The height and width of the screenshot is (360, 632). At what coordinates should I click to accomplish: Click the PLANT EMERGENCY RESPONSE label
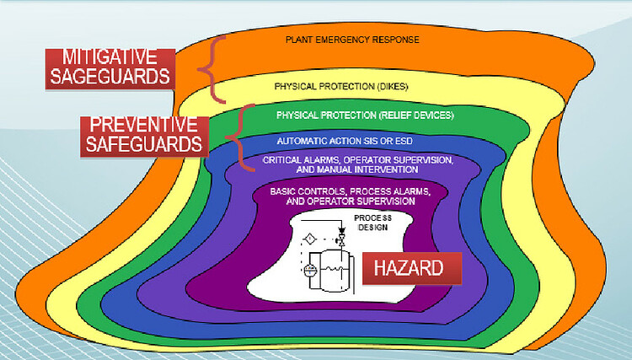pyautogui.click(x=352, y=39)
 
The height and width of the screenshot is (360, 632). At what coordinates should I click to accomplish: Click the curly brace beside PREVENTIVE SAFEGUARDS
pyautogui.click(x=242, y=132)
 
